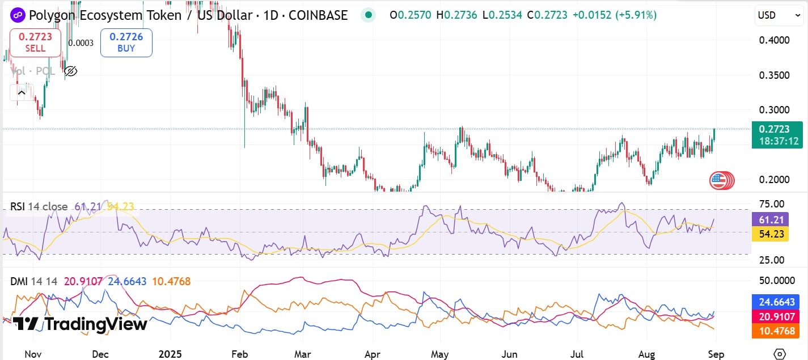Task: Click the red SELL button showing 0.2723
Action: [x=35, y=43]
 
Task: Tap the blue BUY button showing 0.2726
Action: [x=126, y=43]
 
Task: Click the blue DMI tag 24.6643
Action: [x=775, y=302]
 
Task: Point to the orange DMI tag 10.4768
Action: [x=775, y=331]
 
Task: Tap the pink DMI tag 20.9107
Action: [x=775, y=316]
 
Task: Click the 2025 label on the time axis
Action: [x=171, y=354]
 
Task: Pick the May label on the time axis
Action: [x=440, y=354]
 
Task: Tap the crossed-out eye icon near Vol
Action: [x=71, y=71]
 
